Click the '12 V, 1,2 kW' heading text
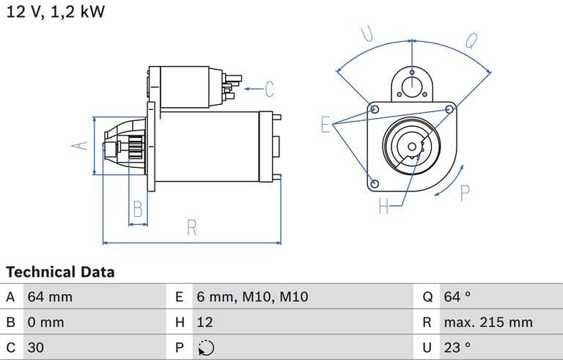56,12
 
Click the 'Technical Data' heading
60,272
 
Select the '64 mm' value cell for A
50,297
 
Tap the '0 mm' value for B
45,322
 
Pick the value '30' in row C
36,347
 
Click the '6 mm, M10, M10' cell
252,297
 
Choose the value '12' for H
205,322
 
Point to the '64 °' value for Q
457,297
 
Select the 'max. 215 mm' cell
487,322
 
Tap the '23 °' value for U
457,347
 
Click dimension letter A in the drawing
80,145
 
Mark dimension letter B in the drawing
137,210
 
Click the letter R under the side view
192,228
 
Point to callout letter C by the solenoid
269,89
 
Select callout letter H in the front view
383,207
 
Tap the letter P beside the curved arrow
465,193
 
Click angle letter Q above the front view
471,40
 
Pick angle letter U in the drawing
368,34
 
